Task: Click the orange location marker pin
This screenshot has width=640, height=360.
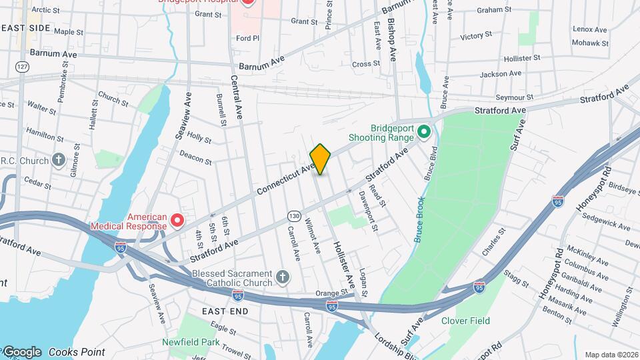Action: pos(321,159)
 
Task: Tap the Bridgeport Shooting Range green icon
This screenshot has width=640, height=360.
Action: pos(425,133)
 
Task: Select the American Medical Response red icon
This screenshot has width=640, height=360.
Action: pos(177,220)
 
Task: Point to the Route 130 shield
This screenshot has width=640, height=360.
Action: pos(293,215)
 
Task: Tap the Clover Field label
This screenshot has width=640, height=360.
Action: pos(465,321)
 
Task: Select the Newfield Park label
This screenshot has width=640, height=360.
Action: pos(191,342)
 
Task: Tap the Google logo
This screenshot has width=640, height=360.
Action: pos(22,351)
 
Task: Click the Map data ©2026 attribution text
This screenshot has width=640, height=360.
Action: pos(610,355)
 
